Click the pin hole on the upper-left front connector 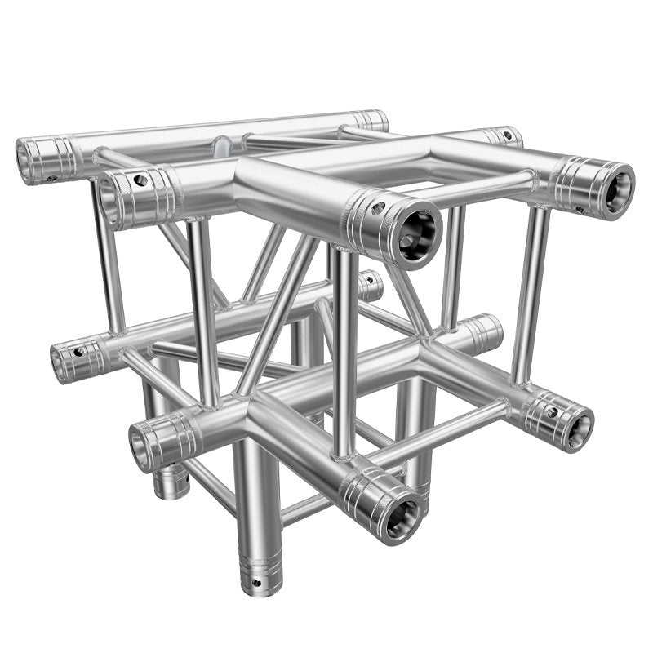pyautogui.click(x=141, y=179)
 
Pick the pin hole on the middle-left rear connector pyautogui.click(x=79, y=352)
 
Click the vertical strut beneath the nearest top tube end pyautogui.click(x=344, y=351)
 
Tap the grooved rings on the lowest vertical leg pyautogui.click(x=260, y=563)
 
